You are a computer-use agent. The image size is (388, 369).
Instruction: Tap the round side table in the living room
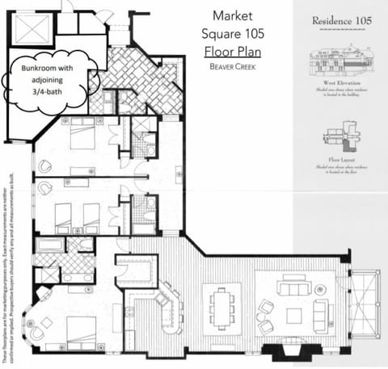[x=322, y=288]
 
